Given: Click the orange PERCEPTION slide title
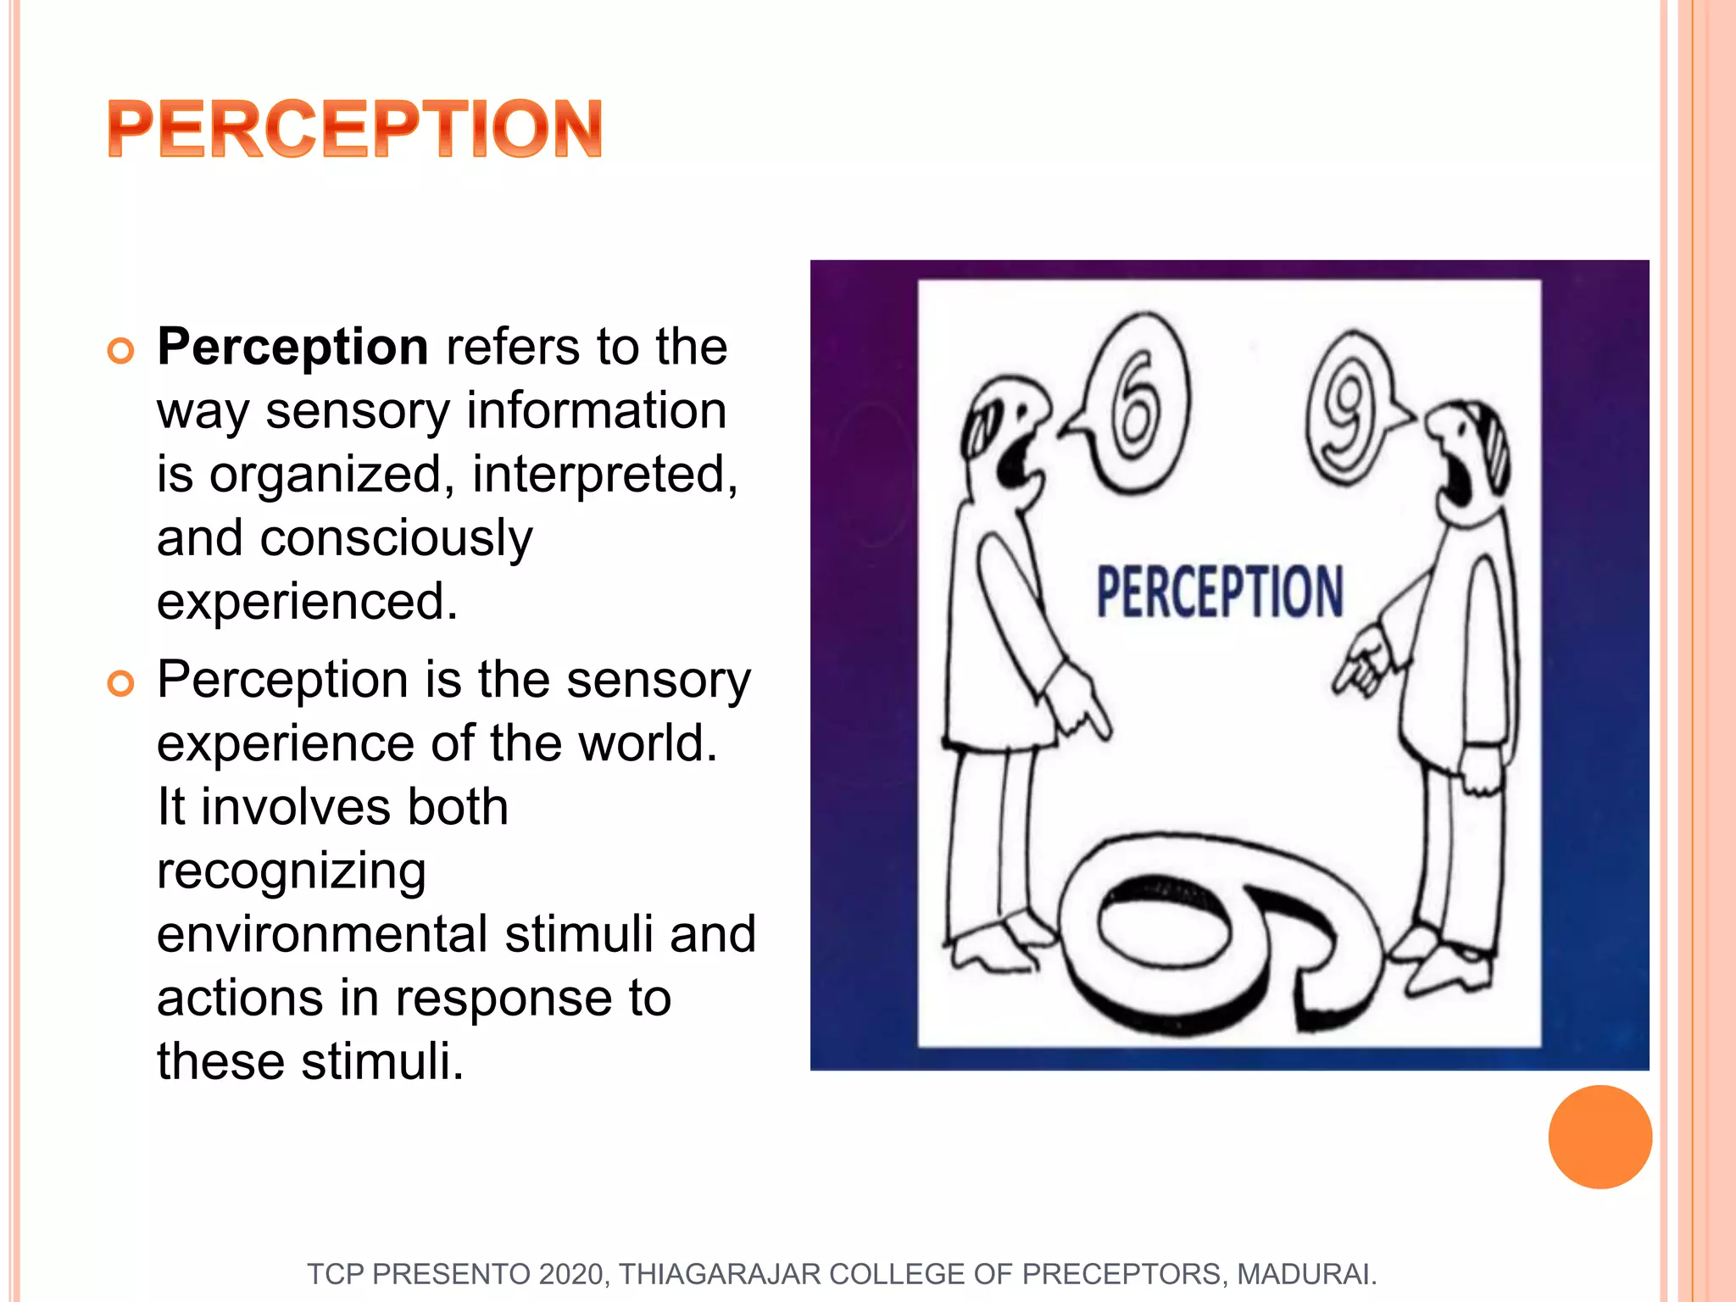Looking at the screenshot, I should tap(354, 129).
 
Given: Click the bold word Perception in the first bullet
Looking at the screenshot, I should tap(292, 347).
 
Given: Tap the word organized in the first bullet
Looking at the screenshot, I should tap(325, 474).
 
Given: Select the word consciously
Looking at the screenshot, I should tap(396, 538).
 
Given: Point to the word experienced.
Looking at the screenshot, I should tap(307, 602).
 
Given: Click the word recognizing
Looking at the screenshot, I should tap(291, 871).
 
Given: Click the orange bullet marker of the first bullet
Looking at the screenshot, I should tap(121, 351).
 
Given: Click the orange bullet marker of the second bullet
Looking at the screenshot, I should tap(121, 683).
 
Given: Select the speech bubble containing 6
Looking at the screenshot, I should tap(1134, 405).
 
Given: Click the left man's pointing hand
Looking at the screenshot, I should tap(1081, 704).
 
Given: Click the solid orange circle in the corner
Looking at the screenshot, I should tap(1600, 1137).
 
